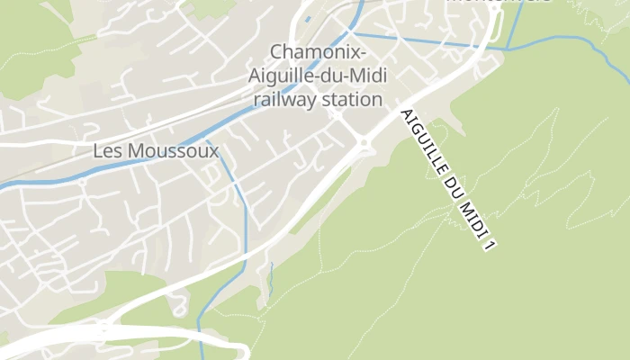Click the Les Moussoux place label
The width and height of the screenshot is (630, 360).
coord(156,151)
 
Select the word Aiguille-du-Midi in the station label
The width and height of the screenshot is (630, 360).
coord(316,76)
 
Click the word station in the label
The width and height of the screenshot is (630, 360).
coord(351,99)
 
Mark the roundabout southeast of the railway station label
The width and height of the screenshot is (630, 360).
coord(364,141)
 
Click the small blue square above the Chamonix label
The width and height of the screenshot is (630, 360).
coord(308,17)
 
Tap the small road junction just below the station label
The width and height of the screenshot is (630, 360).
coord(336,115)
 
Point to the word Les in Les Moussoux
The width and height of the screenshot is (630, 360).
coord(107,151)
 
